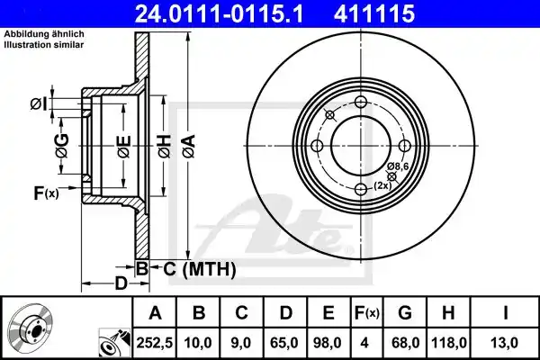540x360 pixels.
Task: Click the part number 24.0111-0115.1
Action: coord(219,13)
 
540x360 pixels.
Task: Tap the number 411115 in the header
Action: coord(374,13)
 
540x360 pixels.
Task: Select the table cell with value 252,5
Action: coord(155,343)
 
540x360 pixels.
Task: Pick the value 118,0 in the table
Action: coord(449,343)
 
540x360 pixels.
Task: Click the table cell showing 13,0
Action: coord(506,343)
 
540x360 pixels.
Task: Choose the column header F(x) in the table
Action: coord(367,313)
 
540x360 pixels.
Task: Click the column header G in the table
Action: coord(405,313)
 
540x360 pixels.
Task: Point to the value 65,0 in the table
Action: coord(284,343)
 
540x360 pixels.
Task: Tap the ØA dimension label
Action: coord(189,147)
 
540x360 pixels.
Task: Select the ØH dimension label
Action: coord(165,147)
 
